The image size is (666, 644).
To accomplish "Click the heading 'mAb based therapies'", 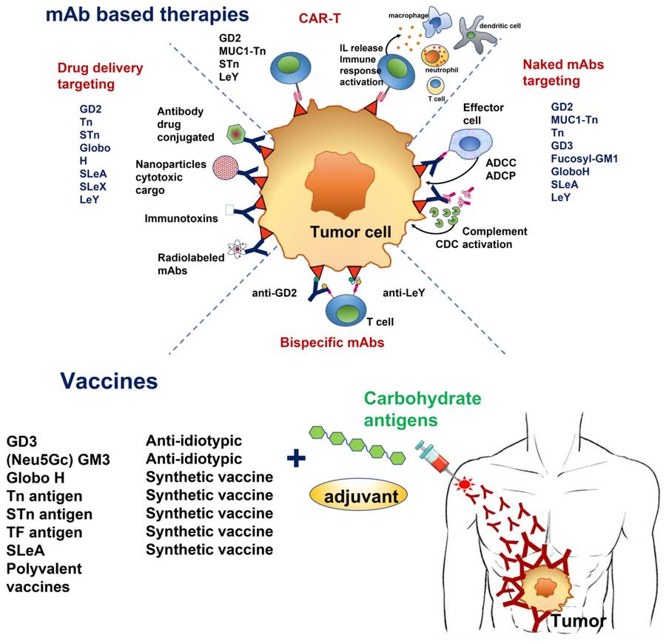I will pyautogui.click(x=145, y=14).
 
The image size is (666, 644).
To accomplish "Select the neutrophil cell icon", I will pyautogui.click(x=435, y=58).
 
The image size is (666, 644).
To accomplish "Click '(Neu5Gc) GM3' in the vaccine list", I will pyautogui.click(x=58, y=460).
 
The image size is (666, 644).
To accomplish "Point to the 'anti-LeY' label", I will pyautogui.click(x=404, y=292).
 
